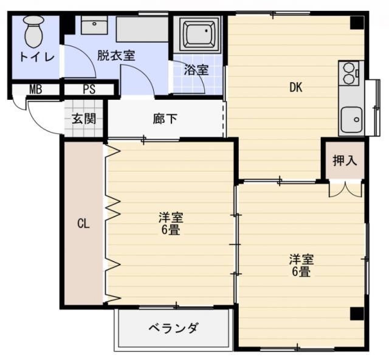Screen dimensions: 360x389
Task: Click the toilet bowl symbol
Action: (34, 32)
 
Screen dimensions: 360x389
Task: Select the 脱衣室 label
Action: (115, 55)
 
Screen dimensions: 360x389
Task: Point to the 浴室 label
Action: (196, 69)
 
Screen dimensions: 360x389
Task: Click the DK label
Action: (295, 87)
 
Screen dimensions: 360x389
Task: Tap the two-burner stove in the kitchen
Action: (350, 73)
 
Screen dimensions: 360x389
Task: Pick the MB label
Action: (36, 89)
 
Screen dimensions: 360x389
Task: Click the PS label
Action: (89, 89)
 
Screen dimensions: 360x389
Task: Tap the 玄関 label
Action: (84, 118)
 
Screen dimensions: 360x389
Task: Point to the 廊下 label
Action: (165, 118)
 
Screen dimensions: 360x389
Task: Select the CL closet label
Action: (83, 223)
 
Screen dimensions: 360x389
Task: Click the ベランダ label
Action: (173, 328)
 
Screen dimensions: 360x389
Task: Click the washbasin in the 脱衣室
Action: (93, 26)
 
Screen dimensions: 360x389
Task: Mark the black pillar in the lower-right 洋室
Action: (356, 313)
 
